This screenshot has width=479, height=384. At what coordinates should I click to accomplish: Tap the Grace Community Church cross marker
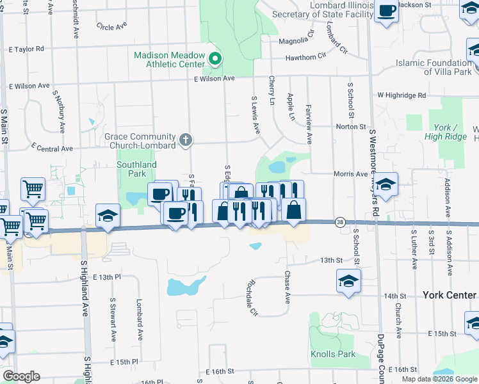click(x=186, y=140)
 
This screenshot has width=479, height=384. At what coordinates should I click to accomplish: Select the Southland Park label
click(x=136, y=169)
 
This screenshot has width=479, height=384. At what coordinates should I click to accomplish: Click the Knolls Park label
click(x=333, y=354)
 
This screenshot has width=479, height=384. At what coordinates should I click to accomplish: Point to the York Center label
click(x=450, y=295)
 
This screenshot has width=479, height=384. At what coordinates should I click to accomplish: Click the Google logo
click(x=21, y=376)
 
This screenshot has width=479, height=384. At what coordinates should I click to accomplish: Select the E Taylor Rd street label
click(x=26, y=49)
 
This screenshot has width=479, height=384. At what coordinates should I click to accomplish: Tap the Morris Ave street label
click(x=350, y=173)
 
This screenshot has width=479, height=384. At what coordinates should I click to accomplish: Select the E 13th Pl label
click(x=106, y=277)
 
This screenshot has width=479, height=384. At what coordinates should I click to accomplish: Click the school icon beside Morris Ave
click(x=386, y=185)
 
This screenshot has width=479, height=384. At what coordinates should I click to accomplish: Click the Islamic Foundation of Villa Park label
click(x=434, y=67)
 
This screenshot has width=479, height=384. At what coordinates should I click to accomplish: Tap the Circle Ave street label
click(x=111, y=26)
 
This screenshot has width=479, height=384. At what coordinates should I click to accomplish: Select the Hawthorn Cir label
click(x=301, y=58)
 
